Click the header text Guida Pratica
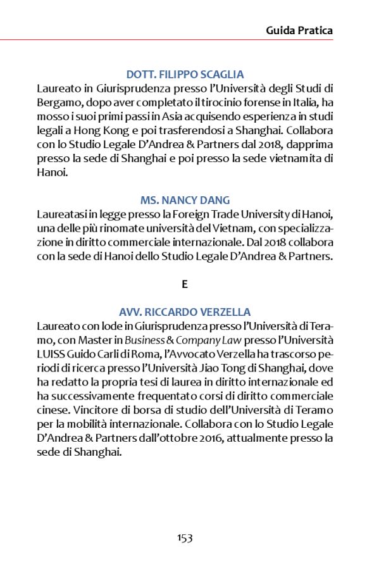coord(299,30)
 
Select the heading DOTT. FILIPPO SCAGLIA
coord(185,74)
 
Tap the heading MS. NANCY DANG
coord(185,201)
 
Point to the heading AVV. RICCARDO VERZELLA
coord(185,312)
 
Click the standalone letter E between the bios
coord(185,284)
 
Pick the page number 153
coord(185,538)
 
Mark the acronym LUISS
coord(52,354)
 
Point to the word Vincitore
coord(59,409)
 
